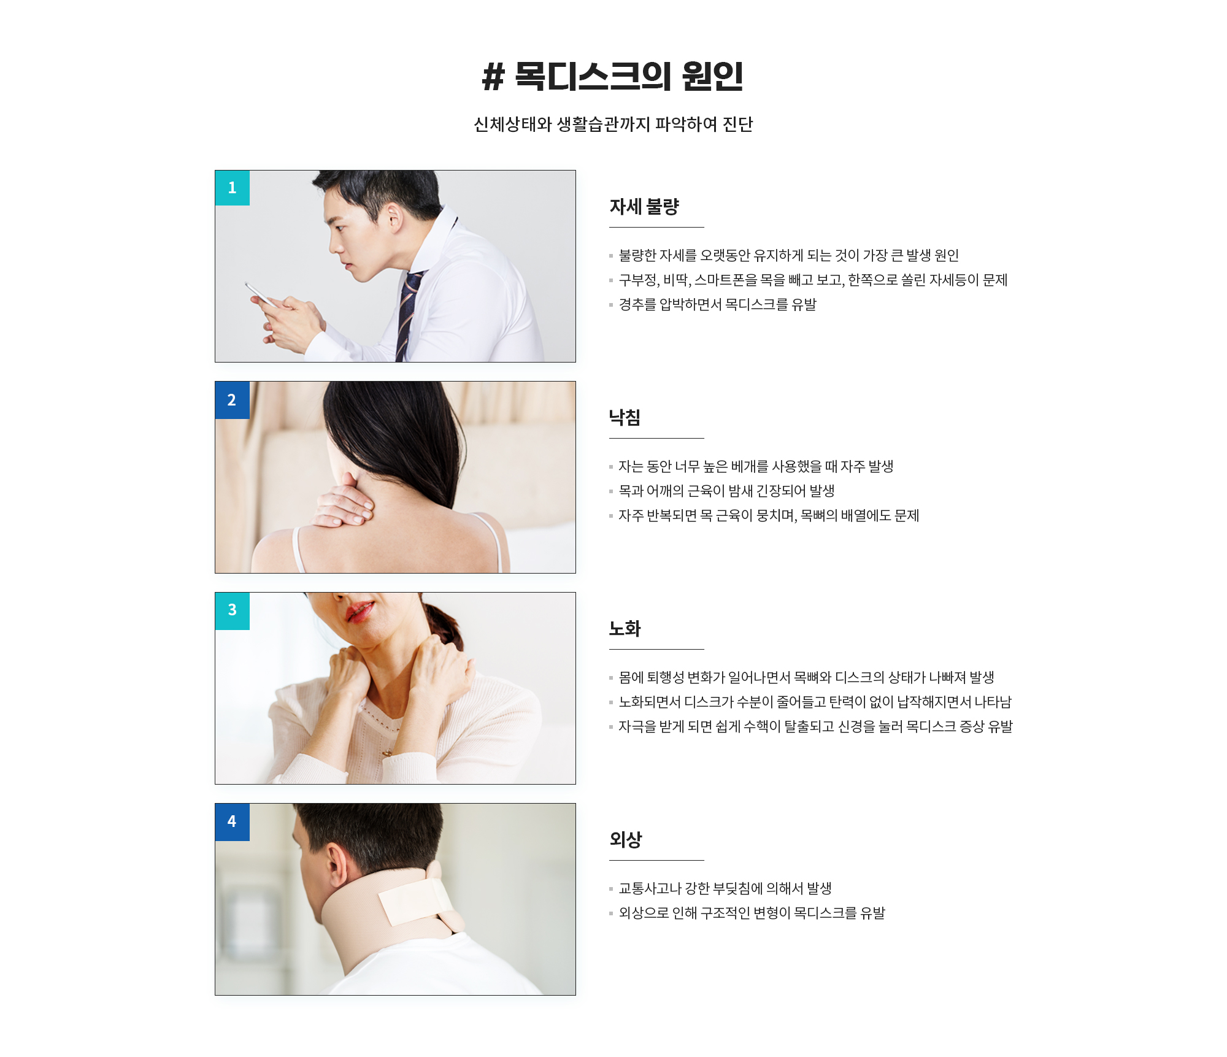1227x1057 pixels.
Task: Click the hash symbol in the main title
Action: (493, 77)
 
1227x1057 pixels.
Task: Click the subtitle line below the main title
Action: (613, 125)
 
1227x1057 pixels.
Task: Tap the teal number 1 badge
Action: (233, 188)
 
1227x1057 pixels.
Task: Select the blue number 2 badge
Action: (233, 400)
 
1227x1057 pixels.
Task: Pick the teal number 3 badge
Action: (233, 611)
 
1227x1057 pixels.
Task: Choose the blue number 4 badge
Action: (233, 822)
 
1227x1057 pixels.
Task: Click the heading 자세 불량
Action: (644, 207)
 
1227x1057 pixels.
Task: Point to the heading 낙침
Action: (625, 418)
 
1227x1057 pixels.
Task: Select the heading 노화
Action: (625, 629)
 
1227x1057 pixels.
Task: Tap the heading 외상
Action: (626, 840)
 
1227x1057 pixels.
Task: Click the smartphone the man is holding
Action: (260, 294)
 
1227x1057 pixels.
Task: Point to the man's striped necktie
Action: (409, 313)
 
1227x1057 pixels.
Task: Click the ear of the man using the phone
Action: (394, 218)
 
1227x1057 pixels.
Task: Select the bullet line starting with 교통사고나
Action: (721, 889)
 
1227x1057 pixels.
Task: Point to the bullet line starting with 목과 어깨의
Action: (722, 491)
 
